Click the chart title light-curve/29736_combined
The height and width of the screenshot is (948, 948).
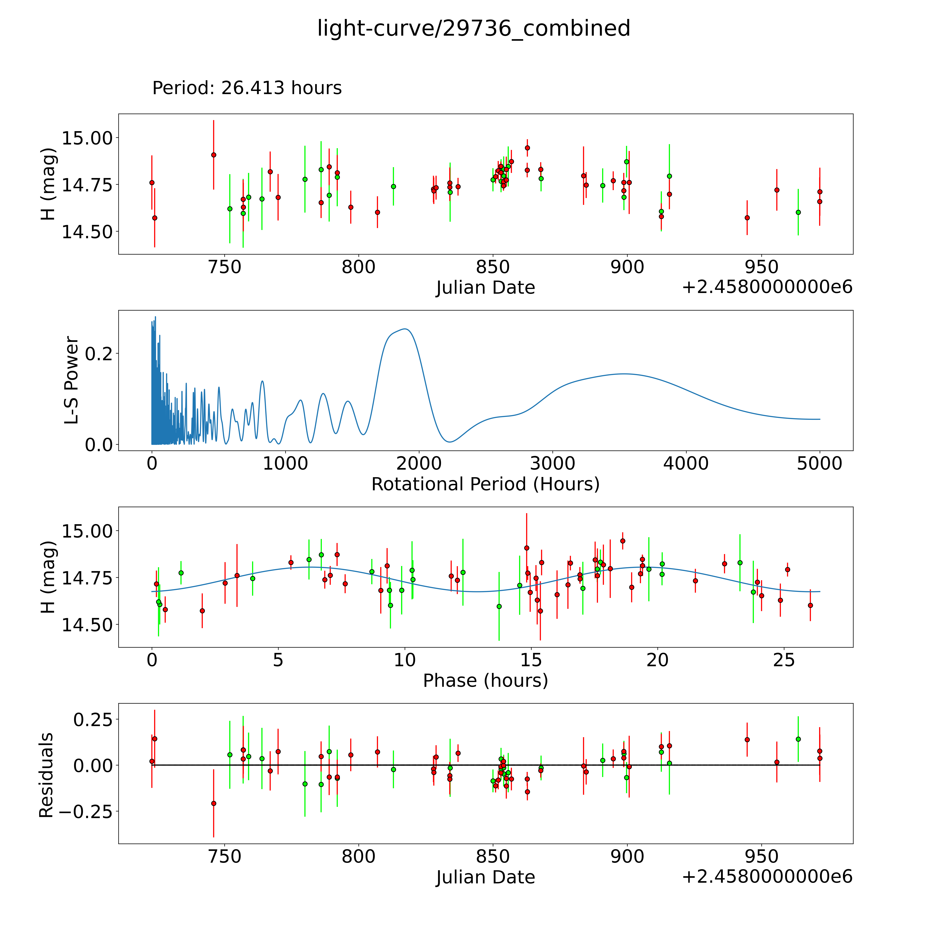point(473,28)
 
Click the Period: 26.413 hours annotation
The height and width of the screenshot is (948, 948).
point(247,88)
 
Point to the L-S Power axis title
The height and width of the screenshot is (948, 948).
point(72,380)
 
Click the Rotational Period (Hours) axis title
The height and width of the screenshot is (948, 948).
point(485,484)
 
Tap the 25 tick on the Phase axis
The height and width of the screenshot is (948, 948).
point(784,660)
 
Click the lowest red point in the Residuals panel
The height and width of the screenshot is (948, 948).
point(213,803)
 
